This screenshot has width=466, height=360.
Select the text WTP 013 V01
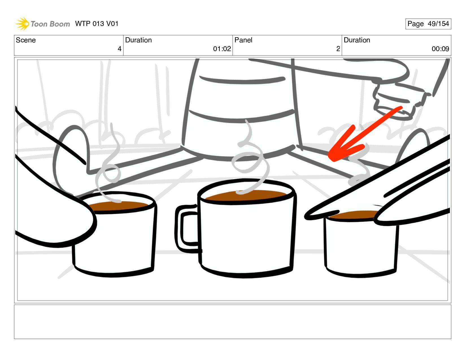pyautogui.click(x=97, y=24)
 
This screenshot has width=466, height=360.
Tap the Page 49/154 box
pyautogui.click(x=428, y=24)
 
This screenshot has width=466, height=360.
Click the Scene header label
pyautogui.click(x=26, y=40)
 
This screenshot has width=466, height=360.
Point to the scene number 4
pyautogui.click(x=119, y=49)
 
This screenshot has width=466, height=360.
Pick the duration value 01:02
pyautogui.click(x=222, y=49)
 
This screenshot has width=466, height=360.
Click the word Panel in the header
pyautogui.click(x=243, y=40)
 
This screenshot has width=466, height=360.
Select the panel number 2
pyautogui.click(x=338, y=49)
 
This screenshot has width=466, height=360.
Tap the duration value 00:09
pyautogui.click(x=440, y=49)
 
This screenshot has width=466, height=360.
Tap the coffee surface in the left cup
pyautogui.click(x=118, y=206)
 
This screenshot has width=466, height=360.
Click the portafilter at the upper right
pyautogui.click(x=399, y=101)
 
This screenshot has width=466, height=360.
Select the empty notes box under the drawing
pyautogui.click(x=232, y=322)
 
